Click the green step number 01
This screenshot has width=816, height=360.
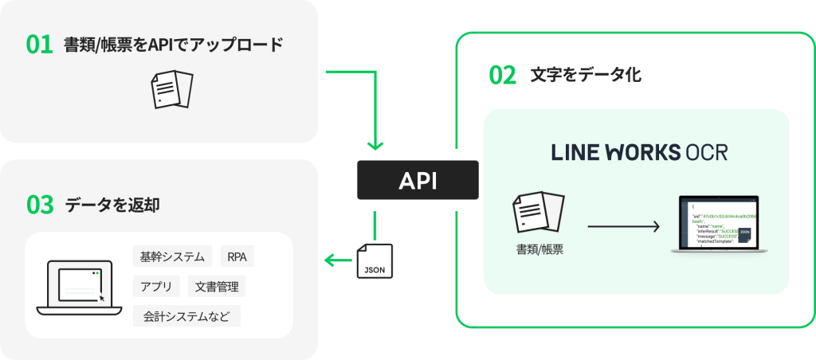(39, 45)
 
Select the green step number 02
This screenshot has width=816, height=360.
(502, 76)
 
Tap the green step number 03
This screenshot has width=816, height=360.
(39, 205)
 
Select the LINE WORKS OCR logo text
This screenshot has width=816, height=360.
(639, 152)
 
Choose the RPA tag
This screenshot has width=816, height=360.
(237, 256)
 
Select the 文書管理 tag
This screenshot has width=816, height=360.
(218, 286)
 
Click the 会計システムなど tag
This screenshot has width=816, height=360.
(186, 315)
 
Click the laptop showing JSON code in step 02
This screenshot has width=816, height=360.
(716, 225)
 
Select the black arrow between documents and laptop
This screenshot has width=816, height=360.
(624, 227)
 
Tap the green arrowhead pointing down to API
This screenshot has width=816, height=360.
(376, 145)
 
